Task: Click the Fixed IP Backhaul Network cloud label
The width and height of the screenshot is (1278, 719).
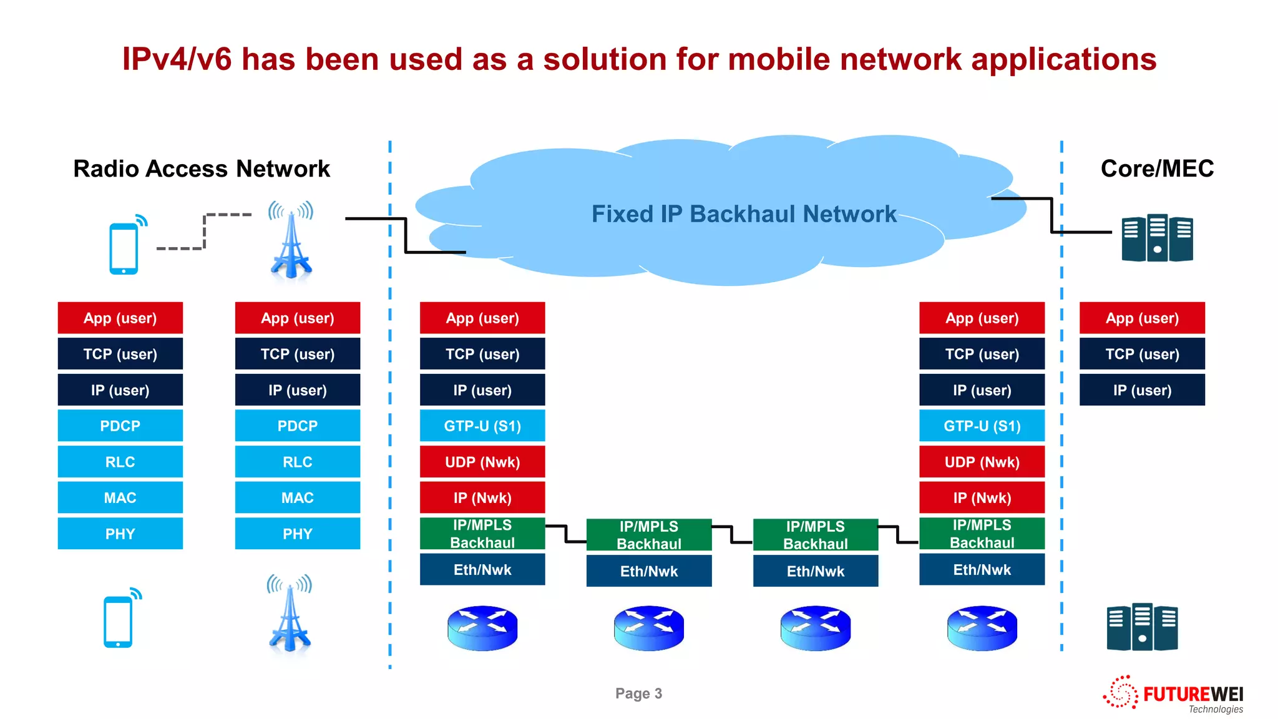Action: tap(744, 214)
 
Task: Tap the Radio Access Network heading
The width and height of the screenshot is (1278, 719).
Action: tap(202, 169)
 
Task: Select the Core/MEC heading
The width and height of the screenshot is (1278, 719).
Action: tap(1156, 169)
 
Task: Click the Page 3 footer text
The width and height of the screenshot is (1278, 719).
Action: tap(638, 693)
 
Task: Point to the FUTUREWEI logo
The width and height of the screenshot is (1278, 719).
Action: tap(1173, 695)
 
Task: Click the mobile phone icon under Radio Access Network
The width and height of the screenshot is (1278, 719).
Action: tap(124, 248)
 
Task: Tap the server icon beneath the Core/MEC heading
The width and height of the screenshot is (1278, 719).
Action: tap(1157, 238)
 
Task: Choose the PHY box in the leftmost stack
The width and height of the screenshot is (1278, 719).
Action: tap(120, 534)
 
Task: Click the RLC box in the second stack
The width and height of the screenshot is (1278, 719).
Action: tap(298, 462)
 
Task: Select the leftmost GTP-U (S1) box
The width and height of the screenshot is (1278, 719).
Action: tap(482, 426)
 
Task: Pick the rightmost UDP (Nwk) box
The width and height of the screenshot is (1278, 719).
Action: tap(982, 462)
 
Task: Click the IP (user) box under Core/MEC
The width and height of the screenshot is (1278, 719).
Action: tap(1142, 390)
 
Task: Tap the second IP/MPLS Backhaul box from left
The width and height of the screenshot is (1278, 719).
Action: tap(649, 535)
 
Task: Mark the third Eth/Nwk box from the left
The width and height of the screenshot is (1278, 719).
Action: tap(816, 571)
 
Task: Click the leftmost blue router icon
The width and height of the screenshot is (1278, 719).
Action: tap(482, 628)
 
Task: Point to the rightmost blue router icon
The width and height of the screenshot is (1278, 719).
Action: tap(982, 628)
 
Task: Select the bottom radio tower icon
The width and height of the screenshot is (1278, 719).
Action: tap(290, 615)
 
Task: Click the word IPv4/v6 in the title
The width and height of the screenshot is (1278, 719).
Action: tap(177, 59)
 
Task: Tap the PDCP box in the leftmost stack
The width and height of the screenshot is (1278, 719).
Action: tap(120, 426)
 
